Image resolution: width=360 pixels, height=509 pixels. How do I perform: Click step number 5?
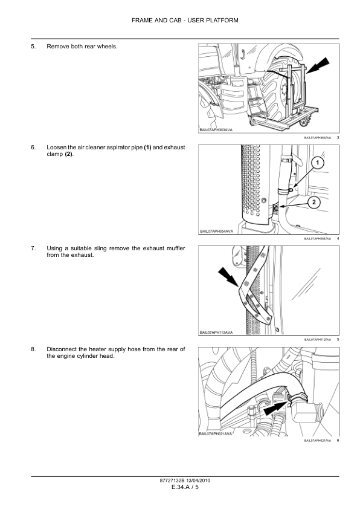33,47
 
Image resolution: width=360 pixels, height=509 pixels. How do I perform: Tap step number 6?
33,147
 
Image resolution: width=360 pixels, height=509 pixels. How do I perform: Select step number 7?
33,248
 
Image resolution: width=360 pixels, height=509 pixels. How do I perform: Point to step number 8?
33,349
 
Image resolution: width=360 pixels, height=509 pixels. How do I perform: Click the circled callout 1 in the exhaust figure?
318,163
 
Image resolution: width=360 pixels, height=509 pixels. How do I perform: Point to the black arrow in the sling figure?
229,279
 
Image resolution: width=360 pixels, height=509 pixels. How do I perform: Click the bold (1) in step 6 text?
147,147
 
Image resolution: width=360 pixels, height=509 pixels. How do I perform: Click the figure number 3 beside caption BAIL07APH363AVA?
338,138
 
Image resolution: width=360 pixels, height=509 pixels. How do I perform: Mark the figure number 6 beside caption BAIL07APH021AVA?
338,440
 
